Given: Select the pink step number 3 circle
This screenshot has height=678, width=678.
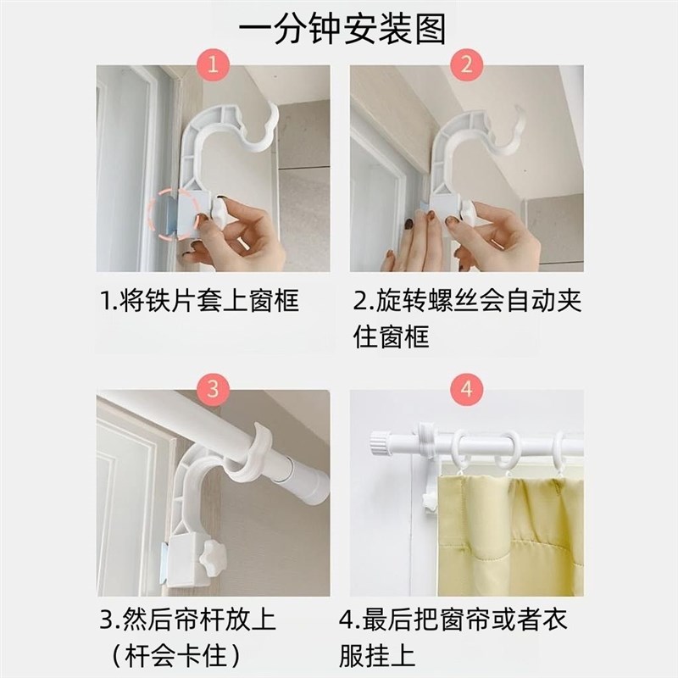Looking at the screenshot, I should [213, 389].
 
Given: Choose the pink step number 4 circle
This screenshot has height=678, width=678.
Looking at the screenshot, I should [466, 389].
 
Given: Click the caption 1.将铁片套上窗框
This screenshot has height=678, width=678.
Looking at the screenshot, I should [199, 300].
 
